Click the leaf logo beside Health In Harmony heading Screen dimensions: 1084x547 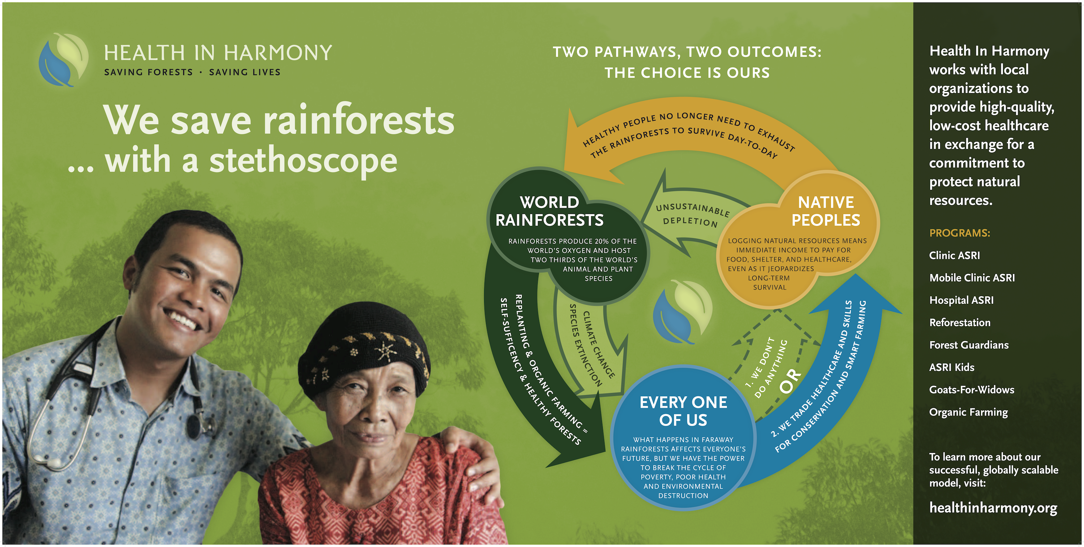(x=64, y=60)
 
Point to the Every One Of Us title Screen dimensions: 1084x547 (x=683, y=411)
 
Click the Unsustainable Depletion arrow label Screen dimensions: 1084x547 (x=692, y=215)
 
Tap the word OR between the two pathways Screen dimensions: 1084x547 (x=790, y=381)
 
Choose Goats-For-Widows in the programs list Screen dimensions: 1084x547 (x=972, y=389)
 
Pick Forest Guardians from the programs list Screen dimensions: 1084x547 (x=969, y=345)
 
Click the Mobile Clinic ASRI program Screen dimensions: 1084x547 (x=972, y=278)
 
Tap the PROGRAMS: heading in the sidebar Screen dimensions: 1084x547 (x=959, y=233)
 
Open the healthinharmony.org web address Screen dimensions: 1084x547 (x=993, y=508)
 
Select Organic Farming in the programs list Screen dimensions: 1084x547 (x=968, y=412)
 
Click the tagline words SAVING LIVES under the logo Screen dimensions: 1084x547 (x=245, y=72)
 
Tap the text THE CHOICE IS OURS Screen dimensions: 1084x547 (x=687, y=73)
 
